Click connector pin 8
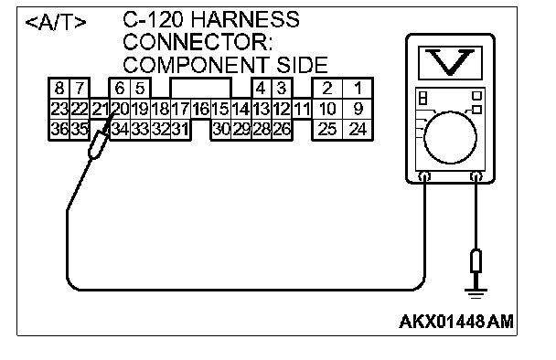pyautogui.click(x=59, y=88)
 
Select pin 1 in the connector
pyautogui.click(x=358, y=88)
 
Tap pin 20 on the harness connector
pyautogui.click(x=120, y=109)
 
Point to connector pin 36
pyautogui.click(x=59, y=130)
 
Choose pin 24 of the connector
pyautogui.click(x=358, y=130)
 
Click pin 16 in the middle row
pyautogui.click(x=201, y=109)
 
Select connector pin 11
pyautogui.click(x=302, y=109)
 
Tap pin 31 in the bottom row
pyautogui.click(x=180, y=130)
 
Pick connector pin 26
pyautogui.click(x=282, y=130)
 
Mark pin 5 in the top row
pyautogui.click(x=141, y=88)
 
